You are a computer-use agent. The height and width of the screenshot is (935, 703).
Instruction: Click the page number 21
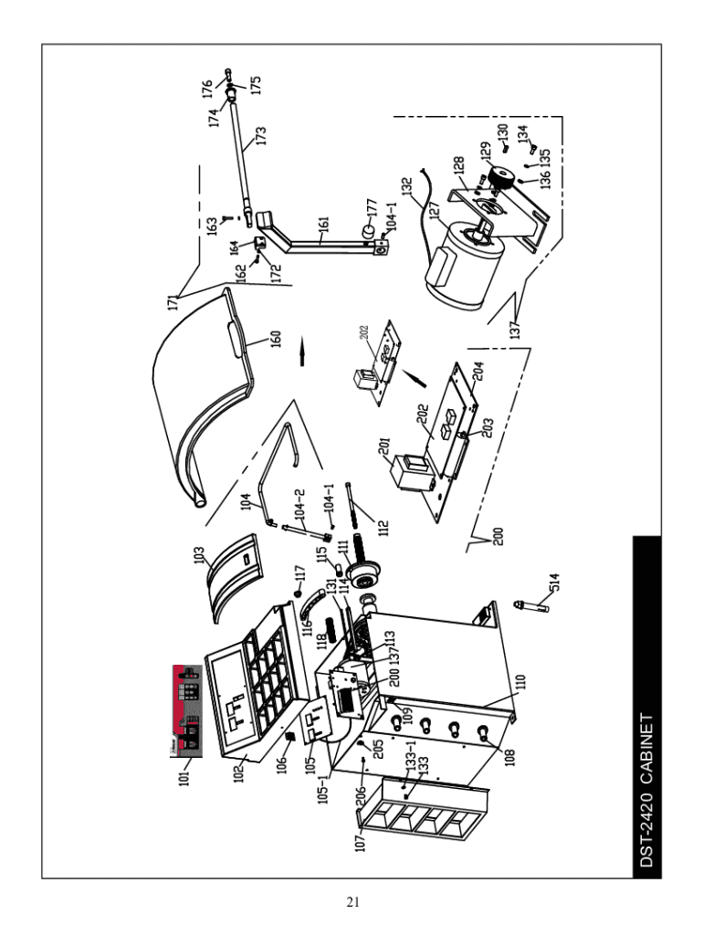[x=351, y=903]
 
